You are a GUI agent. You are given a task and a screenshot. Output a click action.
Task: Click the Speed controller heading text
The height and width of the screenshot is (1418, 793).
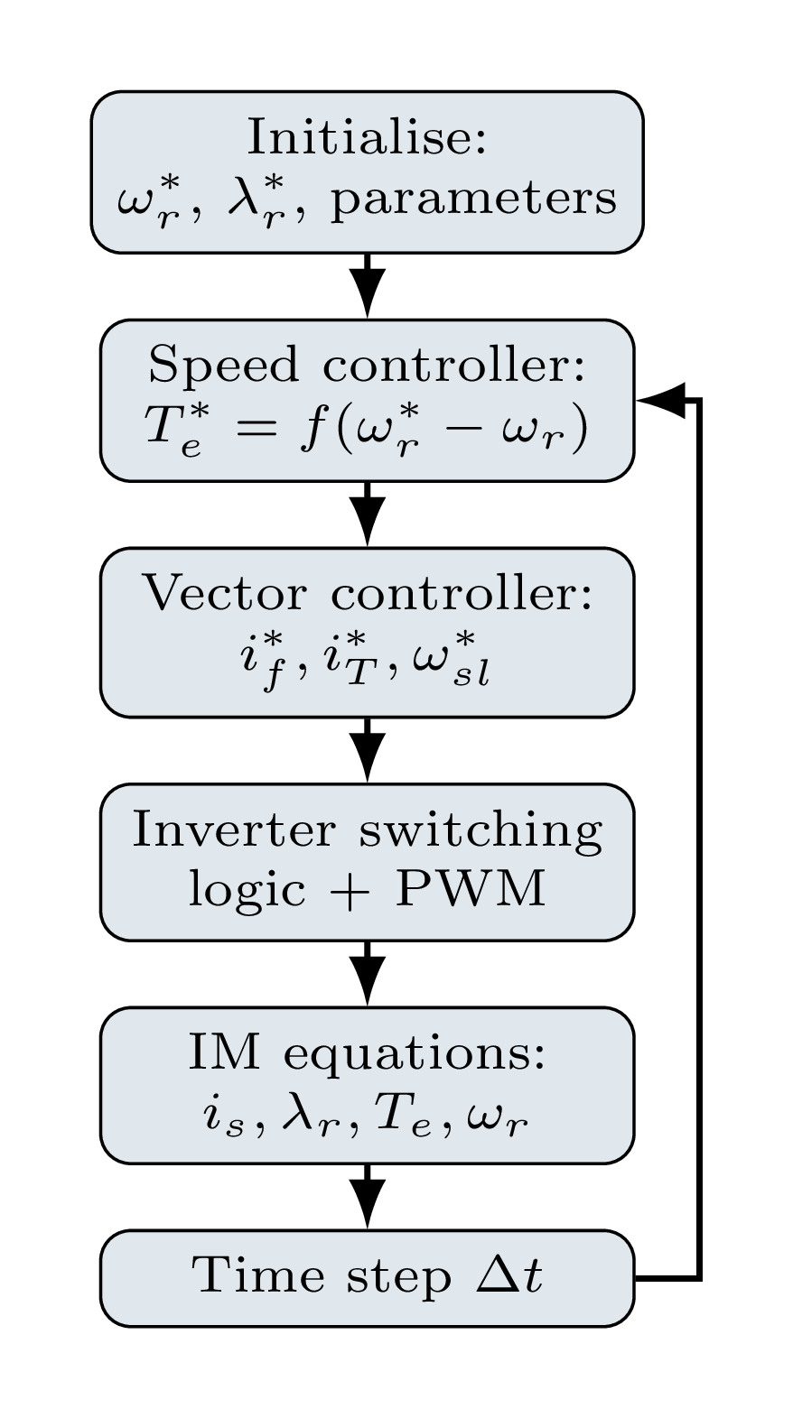click(x=366, y=366)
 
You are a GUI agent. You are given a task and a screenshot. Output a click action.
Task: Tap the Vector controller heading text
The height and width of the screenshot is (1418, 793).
click(x=366, y=595)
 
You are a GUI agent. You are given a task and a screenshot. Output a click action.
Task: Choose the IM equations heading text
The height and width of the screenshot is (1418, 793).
click(x=366, y=1054)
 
